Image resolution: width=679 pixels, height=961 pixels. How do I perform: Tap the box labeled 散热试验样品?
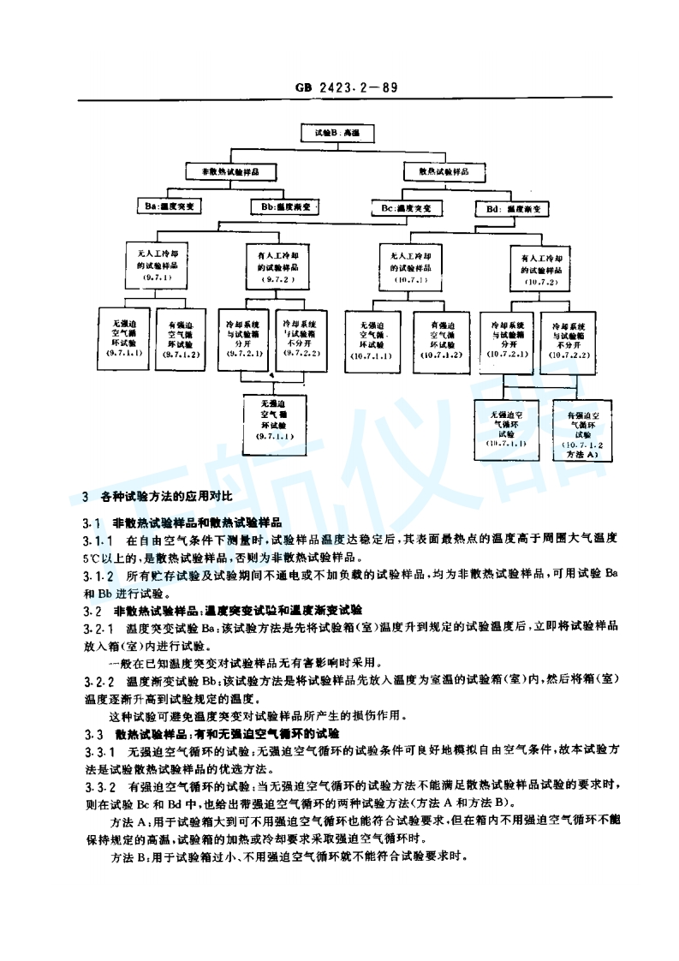446,171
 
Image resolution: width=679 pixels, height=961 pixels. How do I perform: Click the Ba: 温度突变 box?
171,206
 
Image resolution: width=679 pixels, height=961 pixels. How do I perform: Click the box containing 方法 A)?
585,433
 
